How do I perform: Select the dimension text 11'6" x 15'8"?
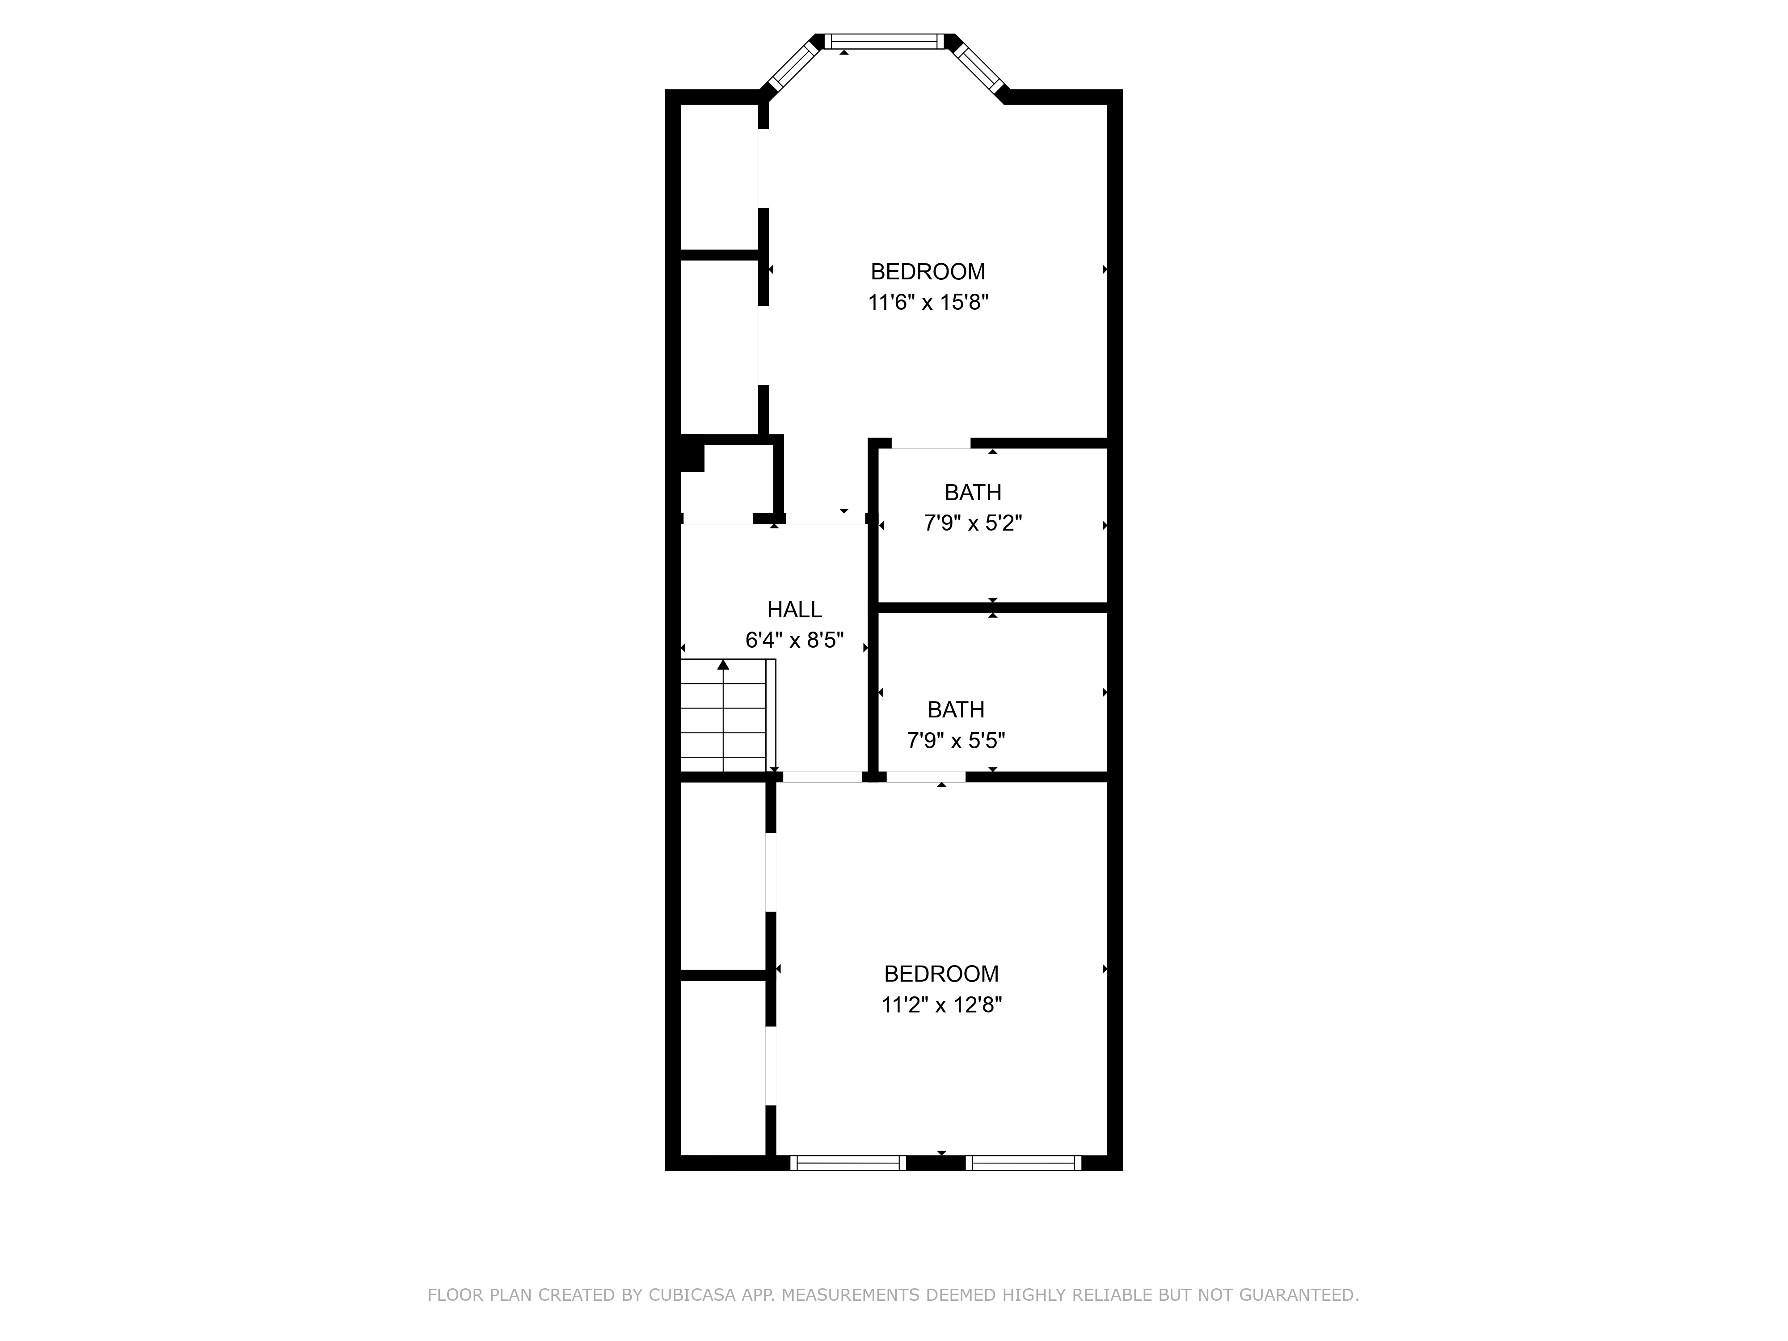pyautogui.click(x=928, y=302)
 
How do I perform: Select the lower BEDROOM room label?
pyautogui.click(x=941, y=974)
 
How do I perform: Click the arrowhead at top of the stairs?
pyautogui.click(x=723, y=664)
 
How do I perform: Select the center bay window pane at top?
pyautogui.click(x=884, y=41)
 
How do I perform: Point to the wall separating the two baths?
pyautogui.click(x=992, y=607)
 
